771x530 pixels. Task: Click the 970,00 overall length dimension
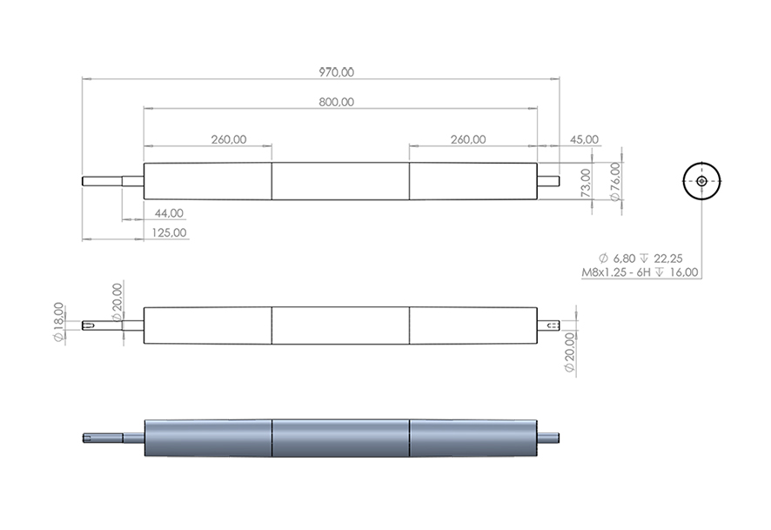coord(336,72)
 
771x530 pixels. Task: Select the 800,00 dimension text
coord(336,103)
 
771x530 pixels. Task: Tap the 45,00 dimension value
coord(584,139)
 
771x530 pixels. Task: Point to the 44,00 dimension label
coord(169,213)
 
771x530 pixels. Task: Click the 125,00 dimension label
coord(169,232)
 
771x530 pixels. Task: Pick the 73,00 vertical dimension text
coord(586,183)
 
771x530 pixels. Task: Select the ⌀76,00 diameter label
coord(615,182)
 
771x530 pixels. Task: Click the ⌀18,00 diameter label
coord(58,322)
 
